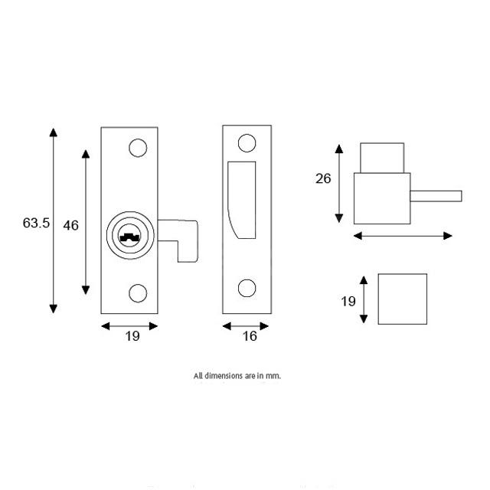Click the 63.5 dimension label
click(x=36, y=224)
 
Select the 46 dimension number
click(x=70, y=225)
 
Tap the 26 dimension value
click(x=323, y=178)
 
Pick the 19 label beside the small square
click(x=348, y=301)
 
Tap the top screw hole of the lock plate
click(x=138, y=148)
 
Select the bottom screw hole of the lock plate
click(x=138, y=292)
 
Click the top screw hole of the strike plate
click(x=247, y=143)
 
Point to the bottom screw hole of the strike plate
click(x=247, y=288)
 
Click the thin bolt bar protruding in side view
click(x=436, y=195)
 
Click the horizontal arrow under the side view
click(x=403, y=236)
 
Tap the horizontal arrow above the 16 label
click(x=246, y=325)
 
